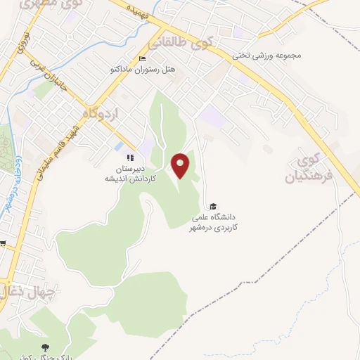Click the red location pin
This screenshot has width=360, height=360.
(181, 165)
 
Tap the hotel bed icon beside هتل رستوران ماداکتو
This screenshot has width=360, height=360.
(142, 58)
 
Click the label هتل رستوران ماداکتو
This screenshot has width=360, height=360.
(139, 70)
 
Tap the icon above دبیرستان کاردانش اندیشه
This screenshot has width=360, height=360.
(129, 157)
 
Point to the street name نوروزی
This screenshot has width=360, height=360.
(21, 45)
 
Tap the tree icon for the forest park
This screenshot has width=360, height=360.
(46, 348)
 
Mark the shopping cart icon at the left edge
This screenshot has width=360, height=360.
(3, 244)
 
